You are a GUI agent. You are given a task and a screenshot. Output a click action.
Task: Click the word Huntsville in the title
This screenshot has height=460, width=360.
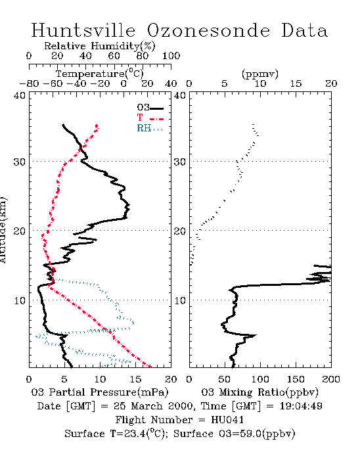pos(83,30)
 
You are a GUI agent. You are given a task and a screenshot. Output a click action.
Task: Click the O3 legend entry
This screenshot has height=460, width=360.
pos(150,108)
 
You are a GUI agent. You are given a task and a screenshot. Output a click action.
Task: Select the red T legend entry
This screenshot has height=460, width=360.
pos(150,118)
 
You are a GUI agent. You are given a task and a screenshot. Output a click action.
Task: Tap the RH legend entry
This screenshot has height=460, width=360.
pos(150,128)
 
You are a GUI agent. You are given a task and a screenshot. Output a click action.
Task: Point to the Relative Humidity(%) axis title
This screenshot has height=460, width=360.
pos(99,46)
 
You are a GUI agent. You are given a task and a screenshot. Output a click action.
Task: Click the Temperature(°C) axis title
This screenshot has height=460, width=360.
pos(99,74)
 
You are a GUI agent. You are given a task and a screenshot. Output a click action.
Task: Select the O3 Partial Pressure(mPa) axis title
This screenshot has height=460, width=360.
pos(100,392)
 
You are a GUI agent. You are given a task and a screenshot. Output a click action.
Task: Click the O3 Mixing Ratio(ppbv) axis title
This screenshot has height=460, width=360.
pos(259,392)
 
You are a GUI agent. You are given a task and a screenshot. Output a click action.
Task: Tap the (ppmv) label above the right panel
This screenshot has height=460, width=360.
pos(259,74)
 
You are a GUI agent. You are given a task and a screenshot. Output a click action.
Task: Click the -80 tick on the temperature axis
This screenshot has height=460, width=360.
pos(29,83)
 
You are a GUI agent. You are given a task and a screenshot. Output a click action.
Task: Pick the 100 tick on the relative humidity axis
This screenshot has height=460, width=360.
pos(171,56)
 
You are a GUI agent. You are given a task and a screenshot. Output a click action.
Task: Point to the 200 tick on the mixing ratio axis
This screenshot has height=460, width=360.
pos(331,379)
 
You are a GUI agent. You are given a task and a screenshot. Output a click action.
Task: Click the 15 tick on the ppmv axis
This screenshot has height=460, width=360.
pos(296,83)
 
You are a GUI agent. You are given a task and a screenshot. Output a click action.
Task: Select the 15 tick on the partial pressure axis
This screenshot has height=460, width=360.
pos(135,379)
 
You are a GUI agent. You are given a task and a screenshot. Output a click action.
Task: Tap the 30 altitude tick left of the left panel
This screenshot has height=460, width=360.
pos(19,162)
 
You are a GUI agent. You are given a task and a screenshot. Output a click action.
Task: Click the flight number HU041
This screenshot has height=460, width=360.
pos(227,420)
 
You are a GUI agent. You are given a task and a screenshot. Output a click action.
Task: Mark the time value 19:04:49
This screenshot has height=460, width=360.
pos(301,406)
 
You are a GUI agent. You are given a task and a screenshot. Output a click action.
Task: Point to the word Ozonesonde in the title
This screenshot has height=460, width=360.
pos(208,30)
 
